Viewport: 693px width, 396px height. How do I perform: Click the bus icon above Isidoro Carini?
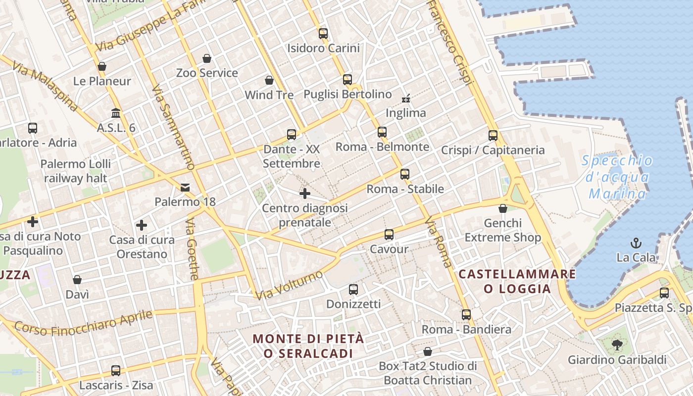(323, 34)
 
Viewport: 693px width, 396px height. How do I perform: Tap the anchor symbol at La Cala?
(636, 243)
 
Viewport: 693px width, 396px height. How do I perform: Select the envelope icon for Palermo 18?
(185, 188)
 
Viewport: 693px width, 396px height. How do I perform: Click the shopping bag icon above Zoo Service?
(207, 58)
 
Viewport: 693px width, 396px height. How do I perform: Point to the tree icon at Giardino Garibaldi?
(617, 345)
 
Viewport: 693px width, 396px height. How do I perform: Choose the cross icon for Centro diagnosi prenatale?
(305, 194)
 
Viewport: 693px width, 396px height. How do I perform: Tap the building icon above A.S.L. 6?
(116, 113)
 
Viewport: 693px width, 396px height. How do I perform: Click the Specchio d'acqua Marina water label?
(617, 177)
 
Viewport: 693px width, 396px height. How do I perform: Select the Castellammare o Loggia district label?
(517, 281)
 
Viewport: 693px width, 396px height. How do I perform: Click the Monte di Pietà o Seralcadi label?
(308, 346)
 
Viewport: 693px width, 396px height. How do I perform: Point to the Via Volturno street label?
(290, 285)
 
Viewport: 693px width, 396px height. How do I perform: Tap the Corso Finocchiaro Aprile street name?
(83, 322)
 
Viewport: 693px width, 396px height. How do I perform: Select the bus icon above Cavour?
(389, 235)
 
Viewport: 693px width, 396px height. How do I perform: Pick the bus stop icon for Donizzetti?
(353, 290)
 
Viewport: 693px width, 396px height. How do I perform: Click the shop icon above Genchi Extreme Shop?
(502, 208)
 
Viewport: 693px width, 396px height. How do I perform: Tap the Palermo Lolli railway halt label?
(76, 171)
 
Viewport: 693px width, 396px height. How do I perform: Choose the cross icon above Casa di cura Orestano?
(142, 226)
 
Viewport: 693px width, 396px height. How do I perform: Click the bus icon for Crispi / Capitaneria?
(493, 136)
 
